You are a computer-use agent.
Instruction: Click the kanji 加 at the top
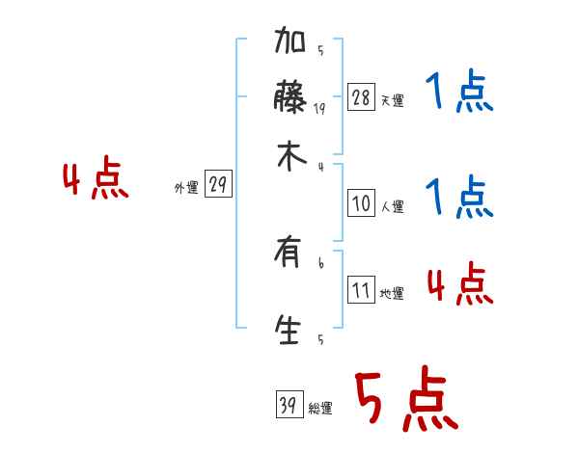(x=290, y=43)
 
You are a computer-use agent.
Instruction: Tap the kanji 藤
(x=290, y=99)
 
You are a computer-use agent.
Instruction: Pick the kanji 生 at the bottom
(x=289, y=329)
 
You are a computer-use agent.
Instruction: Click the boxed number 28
(x=361, y=97)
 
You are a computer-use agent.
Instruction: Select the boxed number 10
(x=361, y=203)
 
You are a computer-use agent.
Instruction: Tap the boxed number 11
(x=361, y=290)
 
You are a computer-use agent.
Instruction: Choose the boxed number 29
(x=218, y=185)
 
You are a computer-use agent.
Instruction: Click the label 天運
(x=392, y=100)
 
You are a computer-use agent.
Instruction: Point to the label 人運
(x=392, y=206)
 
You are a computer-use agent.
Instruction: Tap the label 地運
(x=392, y=293)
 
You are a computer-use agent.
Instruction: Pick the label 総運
(x=320, y=409)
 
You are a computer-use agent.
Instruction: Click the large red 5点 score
(x=405, y=401)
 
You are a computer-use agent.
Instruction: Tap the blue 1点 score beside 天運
(x=459, y=93)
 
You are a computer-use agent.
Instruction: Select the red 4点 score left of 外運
(x=95, y=179)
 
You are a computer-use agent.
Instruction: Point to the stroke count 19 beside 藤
(x=319, y=110)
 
